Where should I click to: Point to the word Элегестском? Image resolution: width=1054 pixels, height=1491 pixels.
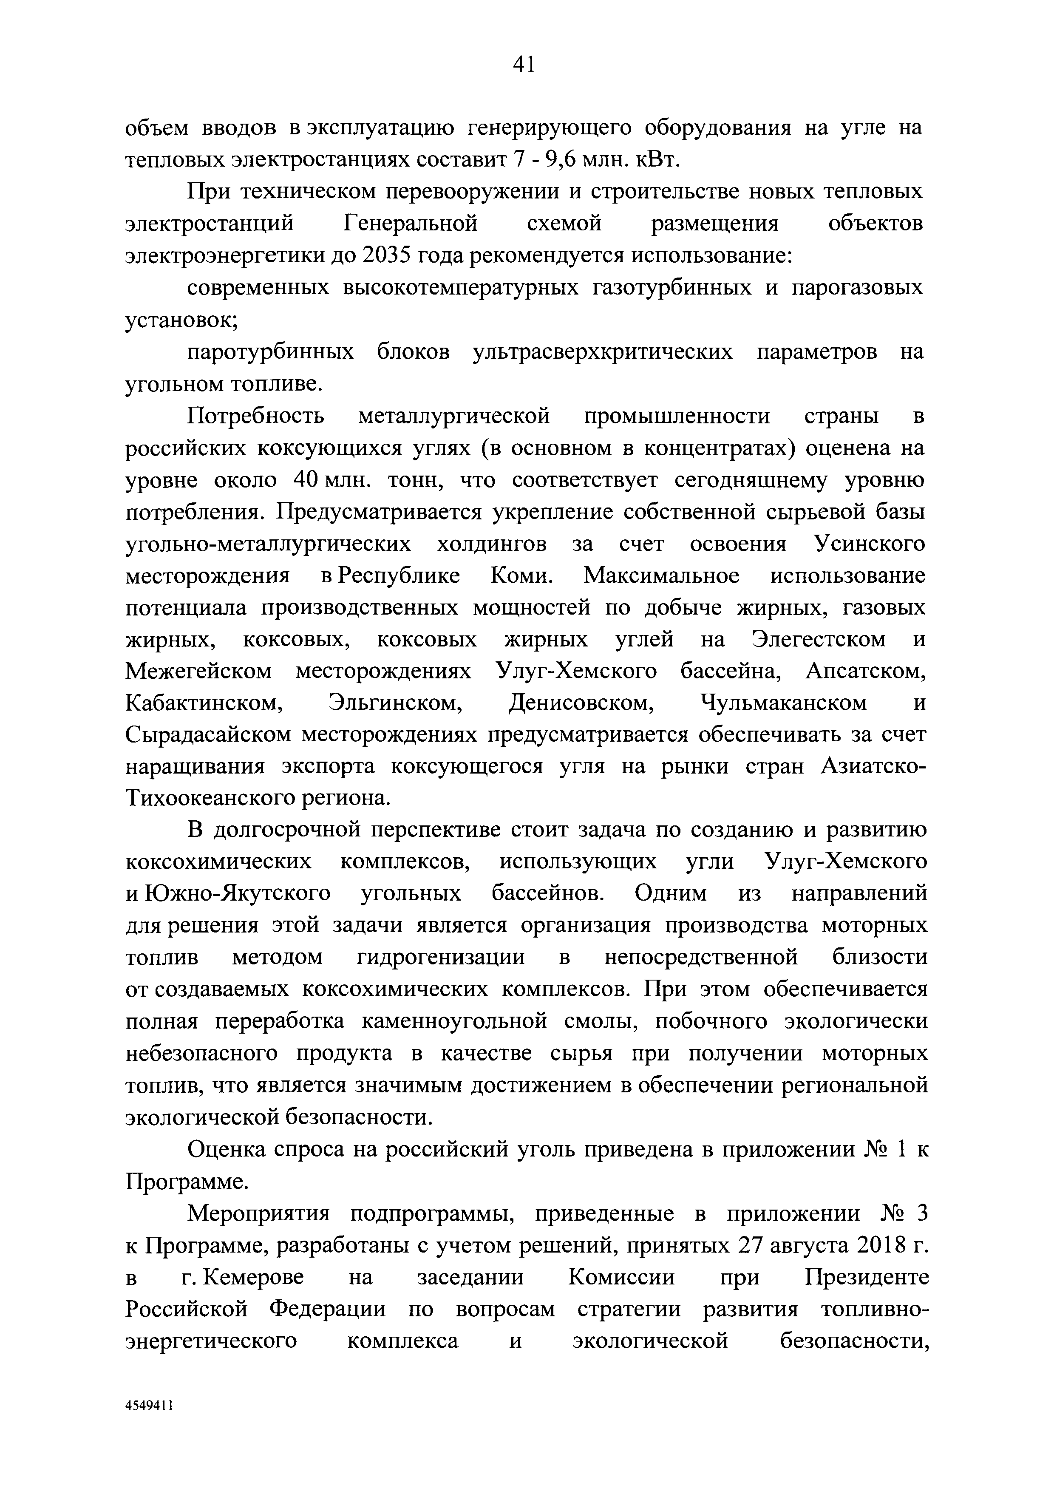(819, 640)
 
